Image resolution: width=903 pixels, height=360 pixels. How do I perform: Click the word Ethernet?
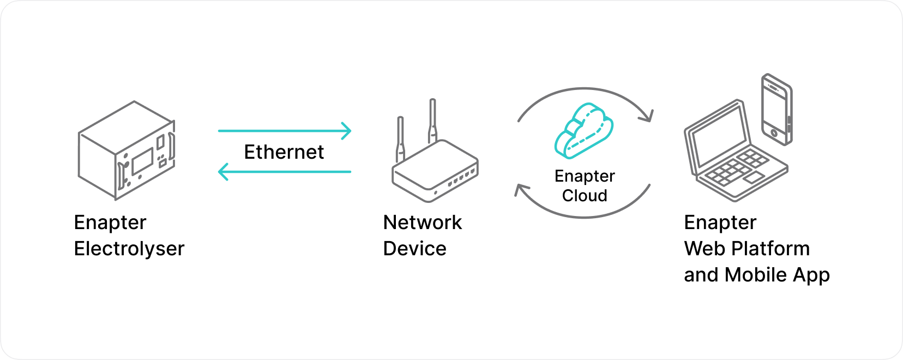[x=284, y=152]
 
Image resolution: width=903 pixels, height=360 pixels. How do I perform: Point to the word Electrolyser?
[x=129, y=249]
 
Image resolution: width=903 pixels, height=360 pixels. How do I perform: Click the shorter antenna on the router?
[x=400, y=139]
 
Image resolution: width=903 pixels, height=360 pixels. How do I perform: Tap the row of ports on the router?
[x=461, y=177]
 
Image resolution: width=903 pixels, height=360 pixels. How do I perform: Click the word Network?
[x=423, y=223]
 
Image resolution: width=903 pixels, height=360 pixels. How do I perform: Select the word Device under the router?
[x=414, y=249]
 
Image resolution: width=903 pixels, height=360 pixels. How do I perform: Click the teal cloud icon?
[x=583, y=131]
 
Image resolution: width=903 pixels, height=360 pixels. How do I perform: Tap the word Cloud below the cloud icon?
[x=585, y=195]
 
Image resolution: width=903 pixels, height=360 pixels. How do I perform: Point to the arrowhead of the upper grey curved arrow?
[x=648, y=116]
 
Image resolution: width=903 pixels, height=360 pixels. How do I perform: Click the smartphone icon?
[x=776, y=110]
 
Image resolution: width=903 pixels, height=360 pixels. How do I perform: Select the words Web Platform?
[x=747, y=249]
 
